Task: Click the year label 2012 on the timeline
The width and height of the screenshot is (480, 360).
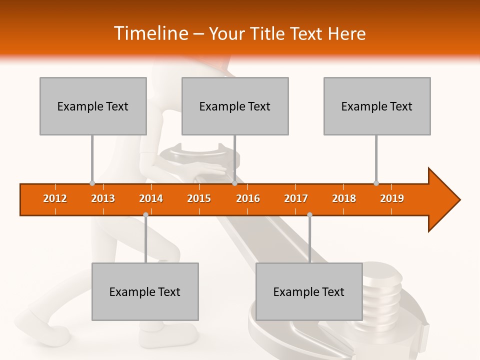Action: (x=55, y=198)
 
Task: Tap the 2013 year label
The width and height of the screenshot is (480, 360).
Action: (x=103, y=198)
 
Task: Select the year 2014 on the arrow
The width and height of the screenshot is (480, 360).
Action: (x=151, y=198)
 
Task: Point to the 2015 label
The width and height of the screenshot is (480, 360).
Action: (x=199, y=198)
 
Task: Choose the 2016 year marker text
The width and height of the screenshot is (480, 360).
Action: (x=248, y=198)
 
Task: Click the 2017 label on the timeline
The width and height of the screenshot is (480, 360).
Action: (x=296, y=198)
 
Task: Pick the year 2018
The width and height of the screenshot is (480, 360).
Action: (x=344, y=198)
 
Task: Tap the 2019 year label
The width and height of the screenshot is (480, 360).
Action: (x=392, y=198)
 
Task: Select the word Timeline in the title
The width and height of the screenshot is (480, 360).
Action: (x=150, y=33)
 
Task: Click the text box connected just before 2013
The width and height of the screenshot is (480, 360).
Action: (x=93, y=106)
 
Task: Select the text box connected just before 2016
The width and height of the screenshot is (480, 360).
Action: (x=235, y=106)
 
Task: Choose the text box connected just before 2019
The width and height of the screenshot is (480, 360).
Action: (x=377, y=106)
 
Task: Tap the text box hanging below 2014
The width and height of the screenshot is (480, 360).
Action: (x=145, y=291)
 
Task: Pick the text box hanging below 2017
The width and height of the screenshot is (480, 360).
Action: (x=309, y=291)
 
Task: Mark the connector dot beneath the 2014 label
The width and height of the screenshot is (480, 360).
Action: (x=145, y=214)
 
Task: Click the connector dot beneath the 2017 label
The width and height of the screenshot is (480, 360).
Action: (x=309, y=214)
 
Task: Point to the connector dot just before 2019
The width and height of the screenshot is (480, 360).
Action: (x=376, y=183)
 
